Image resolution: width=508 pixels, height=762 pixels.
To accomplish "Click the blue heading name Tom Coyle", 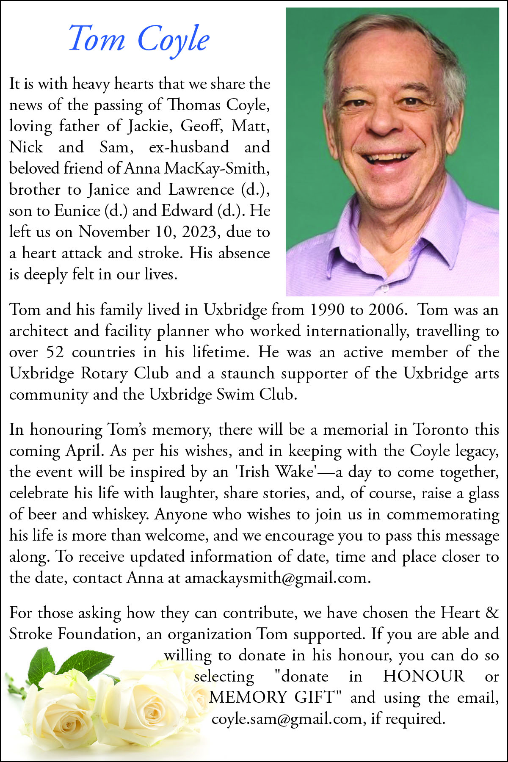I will coord(139,39).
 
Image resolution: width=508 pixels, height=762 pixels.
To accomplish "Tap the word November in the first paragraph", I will coord(113,232).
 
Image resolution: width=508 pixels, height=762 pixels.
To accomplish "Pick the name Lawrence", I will coord(201,190).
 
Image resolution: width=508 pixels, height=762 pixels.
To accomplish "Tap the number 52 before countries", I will coord(55,352).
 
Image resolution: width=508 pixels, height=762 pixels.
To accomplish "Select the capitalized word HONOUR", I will coord(424,676).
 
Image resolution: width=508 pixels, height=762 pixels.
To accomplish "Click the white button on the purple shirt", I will coord(385,288).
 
